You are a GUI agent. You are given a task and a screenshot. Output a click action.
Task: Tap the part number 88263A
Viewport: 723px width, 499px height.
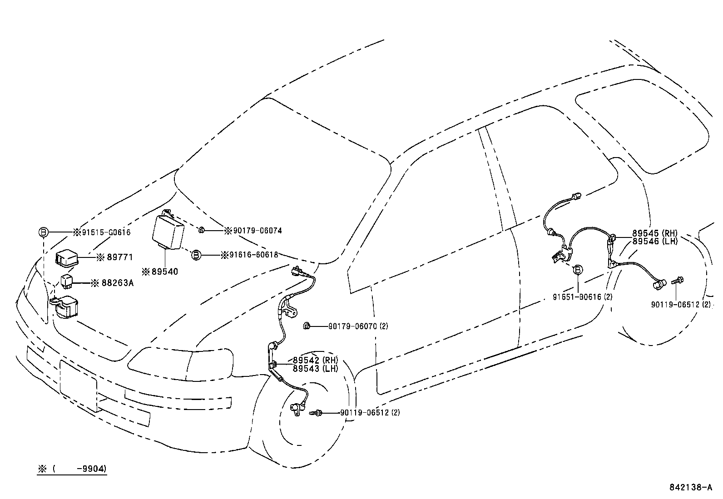pos(118,283)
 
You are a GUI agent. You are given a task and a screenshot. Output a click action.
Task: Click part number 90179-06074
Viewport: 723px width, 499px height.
pos(257,231)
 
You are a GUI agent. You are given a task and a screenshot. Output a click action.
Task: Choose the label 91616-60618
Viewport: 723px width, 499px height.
pos(253,255)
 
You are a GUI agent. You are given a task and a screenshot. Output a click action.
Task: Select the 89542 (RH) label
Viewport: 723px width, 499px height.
pos(315,361)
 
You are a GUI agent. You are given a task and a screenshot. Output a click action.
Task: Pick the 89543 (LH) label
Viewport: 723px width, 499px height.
pos(315,369)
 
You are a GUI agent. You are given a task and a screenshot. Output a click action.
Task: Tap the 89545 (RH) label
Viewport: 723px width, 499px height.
pos(654,234)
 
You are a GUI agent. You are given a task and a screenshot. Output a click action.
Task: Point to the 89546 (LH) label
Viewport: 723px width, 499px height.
pos(654,242)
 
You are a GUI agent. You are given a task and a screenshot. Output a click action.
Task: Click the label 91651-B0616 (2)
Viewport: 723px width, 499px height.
pos(583,297)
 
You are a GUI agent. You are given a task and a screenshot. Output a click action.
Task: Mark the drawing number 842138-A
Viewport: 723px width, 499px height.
pos(690,488)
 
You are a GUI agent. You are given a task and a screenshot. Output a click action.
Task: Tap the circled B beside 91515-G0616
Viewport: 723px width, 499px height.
pos(43,232)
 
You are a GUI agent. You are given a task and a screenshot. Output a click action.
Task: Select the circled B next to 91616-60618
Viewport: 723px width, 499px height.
pos(195,255)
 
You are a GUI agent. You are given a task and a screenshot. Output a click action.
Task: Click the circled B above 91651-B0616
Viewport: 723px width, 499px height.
pos(578,270)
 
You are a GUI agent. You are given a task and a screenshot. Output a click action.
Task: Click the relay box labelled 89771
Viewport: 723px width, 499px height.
pos(67,259)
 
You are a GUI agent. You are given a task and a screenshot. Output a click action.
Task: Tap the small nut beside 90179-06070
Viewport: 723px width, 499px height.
pos(307,326)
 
